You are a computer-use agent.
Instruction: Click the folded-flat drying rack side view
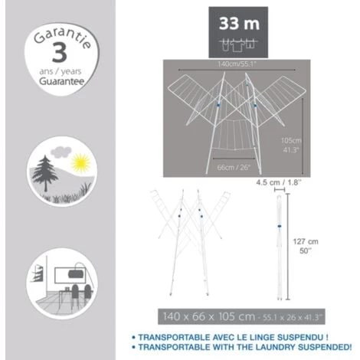click(280, 245)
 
